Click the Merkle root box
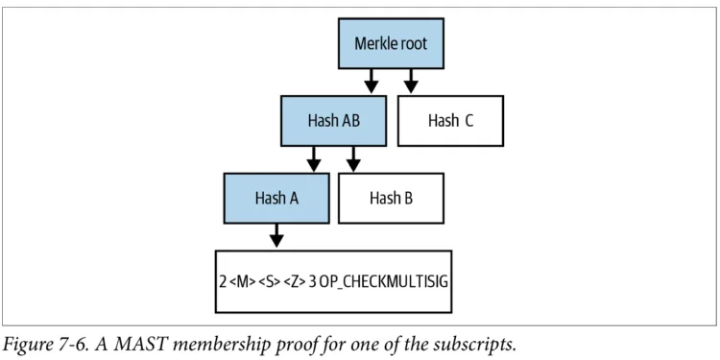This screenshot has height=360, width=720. pyautogui.click(x=391, y=43)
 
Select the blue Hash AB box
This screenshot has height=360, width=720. pyautogui.click(x=333, y=121)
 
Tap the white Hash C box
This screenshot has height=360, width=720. pyautogui.click(x=450, y=121)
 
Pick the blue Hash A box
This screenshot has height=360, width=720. pyautogui.click(x=276, y=199)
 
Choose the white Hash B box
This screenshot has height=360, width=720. pyautogui.click(x=391, y=199)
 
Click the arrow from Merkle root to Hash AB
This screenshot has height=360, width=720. pyautogui.click(x=371, y=82)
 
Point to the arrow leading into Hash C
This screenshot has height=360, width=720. pyautogui.click(x=411, y=82)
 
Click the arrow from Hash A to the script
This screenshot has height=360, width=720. pyautogui.click(x=276, y=235)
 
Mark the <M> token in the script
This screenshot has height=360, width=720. pyautogui.click(x=244, y=281)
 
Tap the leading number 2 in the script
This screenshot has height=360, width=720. pyautogui.click(x=223, y=281)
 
